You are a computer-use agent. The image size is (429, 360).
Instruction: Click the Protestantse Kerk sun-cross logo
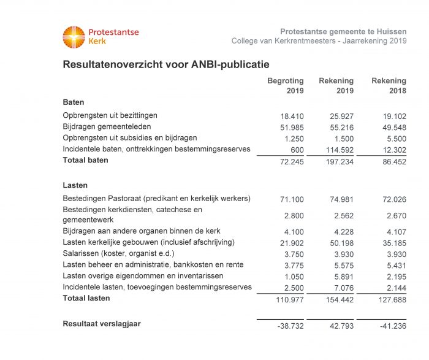(x=74, y=37)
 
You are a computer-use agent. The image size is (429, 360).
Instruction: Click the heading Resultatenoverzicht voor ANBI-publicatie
(x=166, y=64)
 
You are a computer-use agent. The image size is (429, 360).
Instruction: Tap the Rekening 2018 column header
(x=389, y=86)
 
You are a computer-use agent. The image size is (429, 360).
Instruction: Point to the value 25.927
(x=343, y=115)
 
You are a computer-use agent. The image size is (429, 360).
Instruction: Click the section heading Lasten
(x=75, y=185)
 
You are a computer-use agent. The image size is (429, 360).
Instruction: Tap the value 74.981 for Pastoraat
(x=343, y=199)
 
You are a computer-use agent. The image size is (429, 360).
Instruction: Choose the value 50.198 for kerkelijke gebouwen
(x=343, y=243)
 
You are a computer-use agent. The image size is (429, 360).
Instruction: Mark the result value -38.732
(x=290, y=325)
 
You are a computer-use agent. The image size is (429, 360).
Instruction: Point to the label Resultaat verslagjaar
(x=102, y=323)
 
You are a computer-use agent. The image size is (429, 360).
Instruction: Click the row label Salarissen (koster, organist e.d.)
(x=118, y=253)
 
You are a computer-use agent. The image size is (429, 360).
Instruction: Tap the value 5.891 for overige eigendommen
(x=345, y=276)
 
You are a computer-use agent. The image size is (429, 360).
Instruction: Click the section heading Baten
(x=74, y=102)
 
